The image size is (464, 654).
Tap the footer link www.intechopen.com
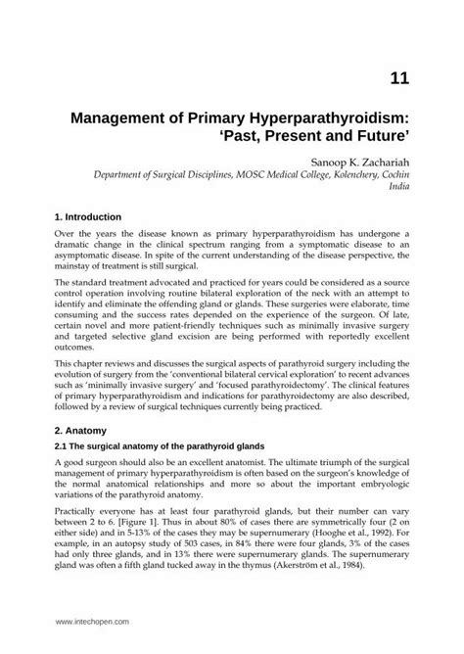pyautogui.click(x=93, y=622)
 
